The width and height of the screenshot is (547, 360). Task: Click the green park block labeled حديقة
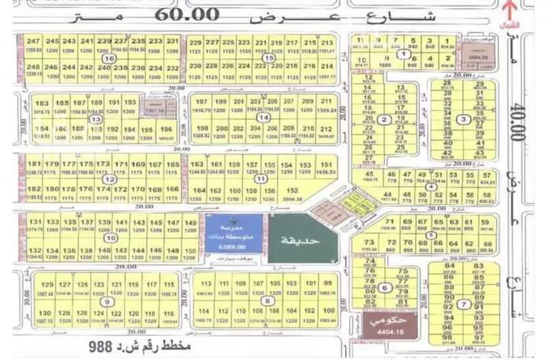tap(297, 238)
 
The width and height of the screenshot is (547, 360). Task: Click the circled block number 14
tap(263, 117)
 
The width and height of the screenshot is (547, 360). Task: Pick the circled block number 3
tap(460, 120)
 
